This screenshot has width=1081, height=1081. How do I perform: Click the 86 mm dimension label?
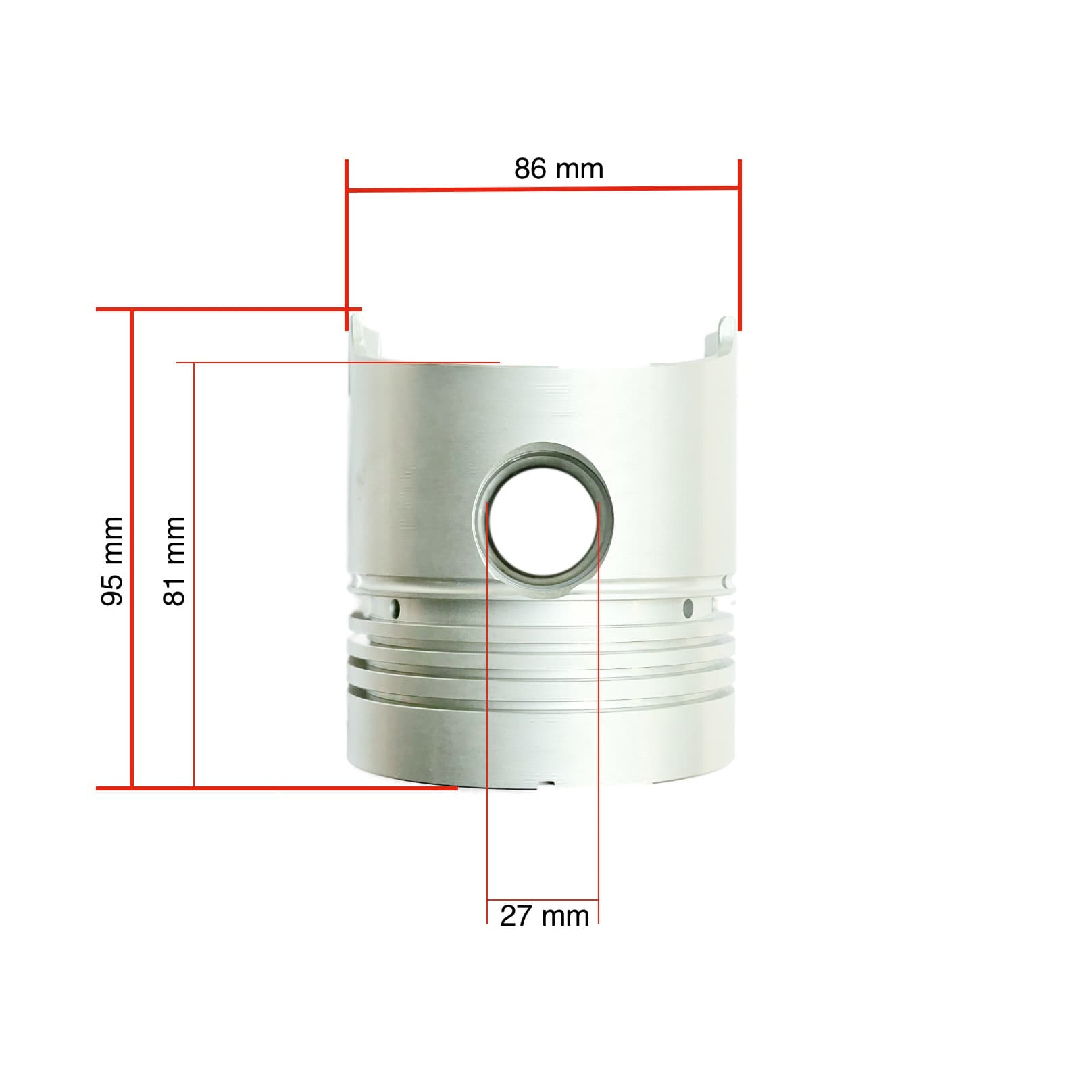click(x=558, y=169)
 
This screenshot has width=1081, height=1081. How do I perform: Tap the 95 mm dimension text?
click(x=112, y=561)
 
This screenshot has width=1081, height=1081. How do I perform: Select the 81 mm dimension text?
click(x=174, y=561)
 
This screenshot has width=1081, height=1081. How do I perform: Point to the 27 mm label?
click(x=545, y=917)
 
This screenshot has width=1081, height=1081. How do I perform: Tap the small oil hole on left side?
click(x=396, y=609)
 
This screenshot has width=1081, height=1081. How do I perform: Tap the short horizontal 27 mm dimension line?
click(x=543, y=900)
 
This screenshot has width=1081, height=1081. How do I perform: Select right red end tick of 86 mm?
click(x=740, y=243)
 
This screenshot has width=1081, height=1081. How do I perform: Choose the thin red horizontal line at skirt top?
click(x=338, y=363)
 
